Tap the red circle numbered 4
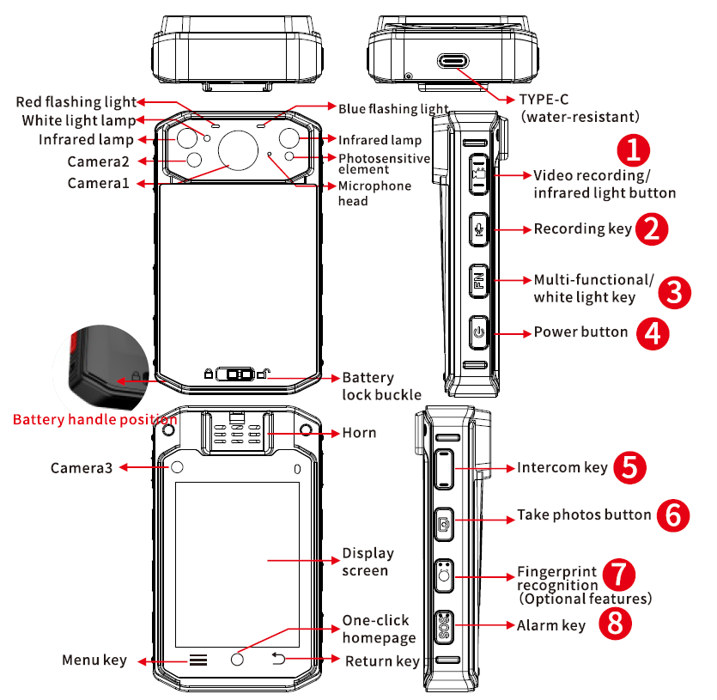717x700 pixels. [x=653, y=333]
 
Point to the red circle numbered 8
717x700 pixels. [x=615, y=624]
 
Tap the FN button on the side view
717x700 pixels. [x=478, y=281]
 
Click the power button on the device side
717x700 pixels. [x=478, y=332]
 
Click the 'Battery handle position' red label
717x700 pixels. [x=94, y=421]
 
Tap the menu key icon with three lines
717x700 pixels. [x=198, y=660]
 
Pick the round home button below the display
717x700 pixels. [x=238, y=660]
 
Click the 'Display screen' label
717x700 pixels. [x=368, y=562]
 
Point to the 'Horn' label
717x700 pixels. [x=359, y=432]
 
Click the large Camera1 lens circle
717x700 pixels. [x=238, y=152]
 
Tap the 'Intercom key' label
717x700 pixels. [x=562, y=468]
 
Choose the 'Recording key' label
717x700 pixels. [x=582, y=229]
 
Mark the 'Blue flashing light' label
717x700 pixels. [x=393, y=109]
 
